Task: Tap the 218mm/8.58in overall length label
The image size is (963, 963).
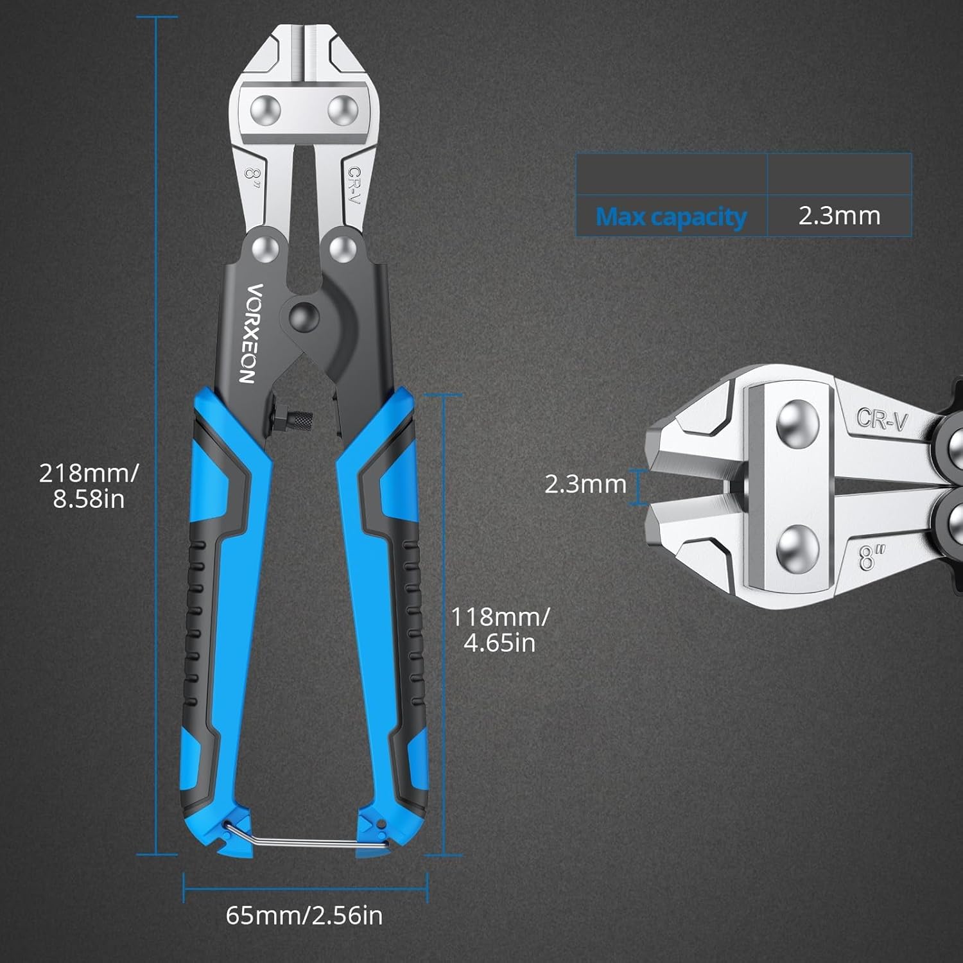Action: pyautogui.click(x=89, y=486)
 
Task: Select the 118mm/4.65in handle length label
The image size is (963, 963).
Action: pyautogui.click(x=500, y=630)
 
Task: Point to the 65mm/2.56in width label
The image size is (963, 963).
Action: pyautogui.click(x=304, y=915)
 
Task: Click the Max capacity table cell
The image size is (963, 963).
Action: pyautogui.click(x=672, y=216)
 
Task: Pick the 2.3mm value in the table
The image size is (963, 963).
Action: pyautogui.click(x=840, y=216)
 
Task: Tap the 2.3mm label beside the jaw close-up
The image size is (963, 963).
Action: pyautogui.click(x=586, y=484)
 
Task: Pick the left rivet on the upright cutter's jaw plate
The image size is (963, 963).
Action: pyautogui.click(x=266, y=110)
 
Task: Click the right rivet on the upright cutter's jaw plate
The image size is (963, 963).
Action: pyautogui.click(x=343, y=110)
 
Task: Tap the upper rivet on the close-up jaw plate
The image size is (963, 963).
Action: pyautogui.click(x=797, y=423)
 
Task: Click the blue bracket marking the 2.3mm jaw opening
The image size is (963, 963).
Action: pyautogui.click(x=639, y=487)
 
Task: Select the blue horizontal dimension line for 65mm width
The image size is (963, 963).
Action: pyautogui.click(x=306, y=888)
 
